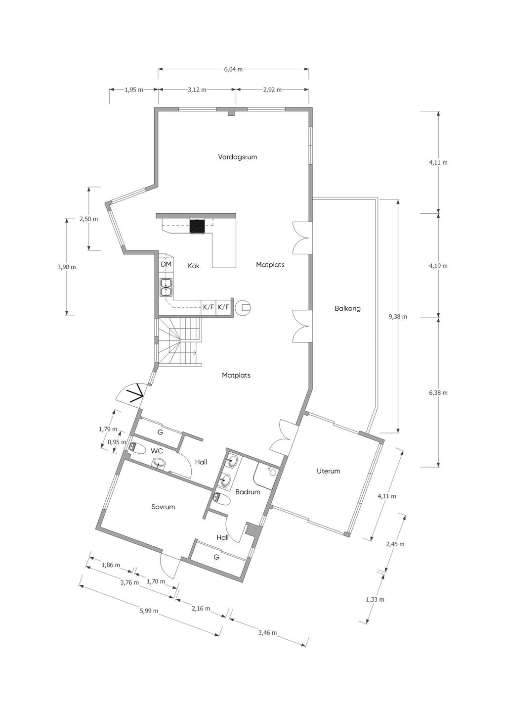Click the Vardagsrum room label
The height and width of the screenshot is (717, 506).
(238, 157)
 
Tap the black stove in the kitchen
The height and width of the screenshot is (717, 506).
(197, 226)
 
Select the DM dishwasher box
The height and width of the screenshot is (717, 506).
(166, 264)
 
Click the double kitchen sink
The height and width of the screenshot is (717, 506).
(166, 287)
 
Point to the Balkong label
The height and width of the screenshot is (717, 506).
(347, 309)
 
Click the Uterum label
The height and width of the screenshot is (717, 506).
(328, 471)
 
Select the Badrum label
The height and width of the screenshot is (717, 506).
(248, 492)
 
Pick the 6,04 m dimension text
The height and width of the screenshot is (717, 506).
(234, 69)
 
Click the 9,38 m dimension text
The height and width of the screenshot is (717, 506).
(398, 317)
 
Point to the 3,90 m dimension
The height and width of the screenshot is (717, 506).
(67, 267)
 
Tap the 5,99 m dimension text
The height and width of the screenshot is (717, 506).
(149, 611)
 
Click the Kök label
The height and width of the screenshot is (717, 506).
(194, 266)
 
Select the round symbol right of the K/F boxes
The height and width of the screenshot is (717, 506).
(243, 308)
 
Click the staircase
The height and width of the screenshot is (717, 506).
(180, 341)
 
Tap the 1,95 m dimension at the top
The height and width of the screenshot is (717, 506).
(134, 90)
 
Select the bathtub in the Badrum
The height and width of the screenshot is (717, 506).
(266, 477)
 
